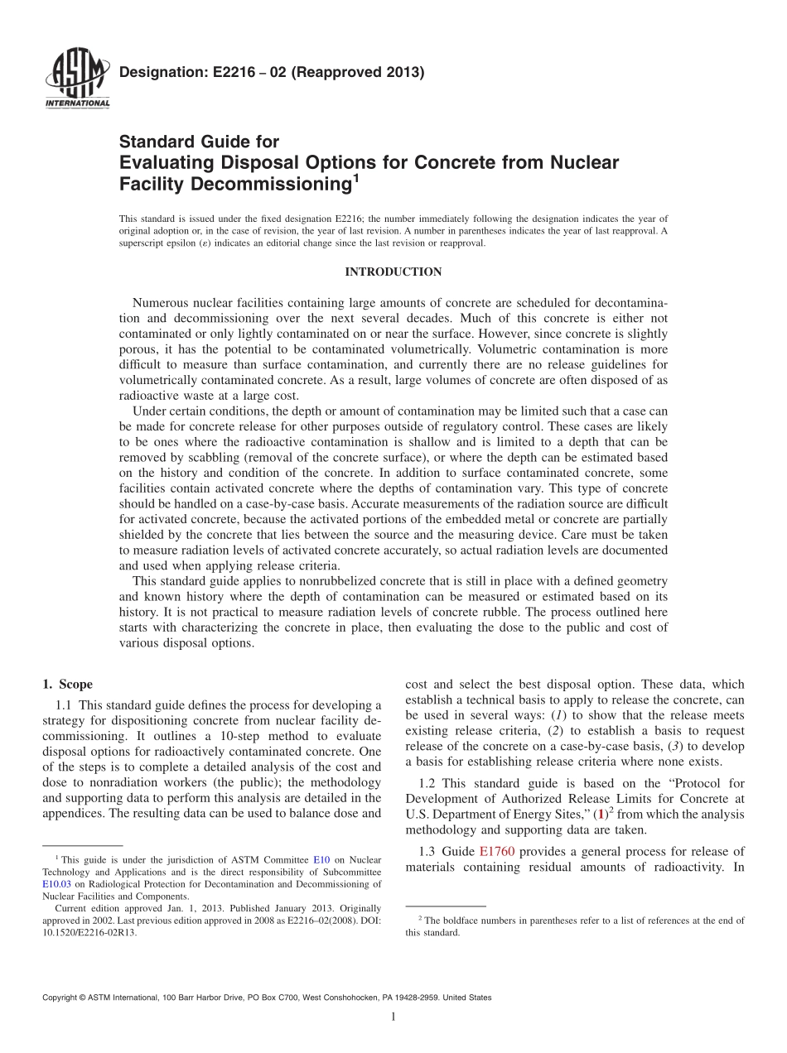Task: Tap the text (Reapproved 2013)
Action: [x=360, y=73]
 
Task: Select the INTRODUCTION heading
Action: [x=393, y=272]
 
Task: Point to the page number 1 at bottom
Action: [x=393, y=1017]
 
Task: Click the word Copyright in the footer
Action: [x=61, y=998]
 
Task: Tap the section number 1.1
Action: [x=64, y=705]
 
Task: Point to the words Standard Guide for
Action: [x=199, y=142]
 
